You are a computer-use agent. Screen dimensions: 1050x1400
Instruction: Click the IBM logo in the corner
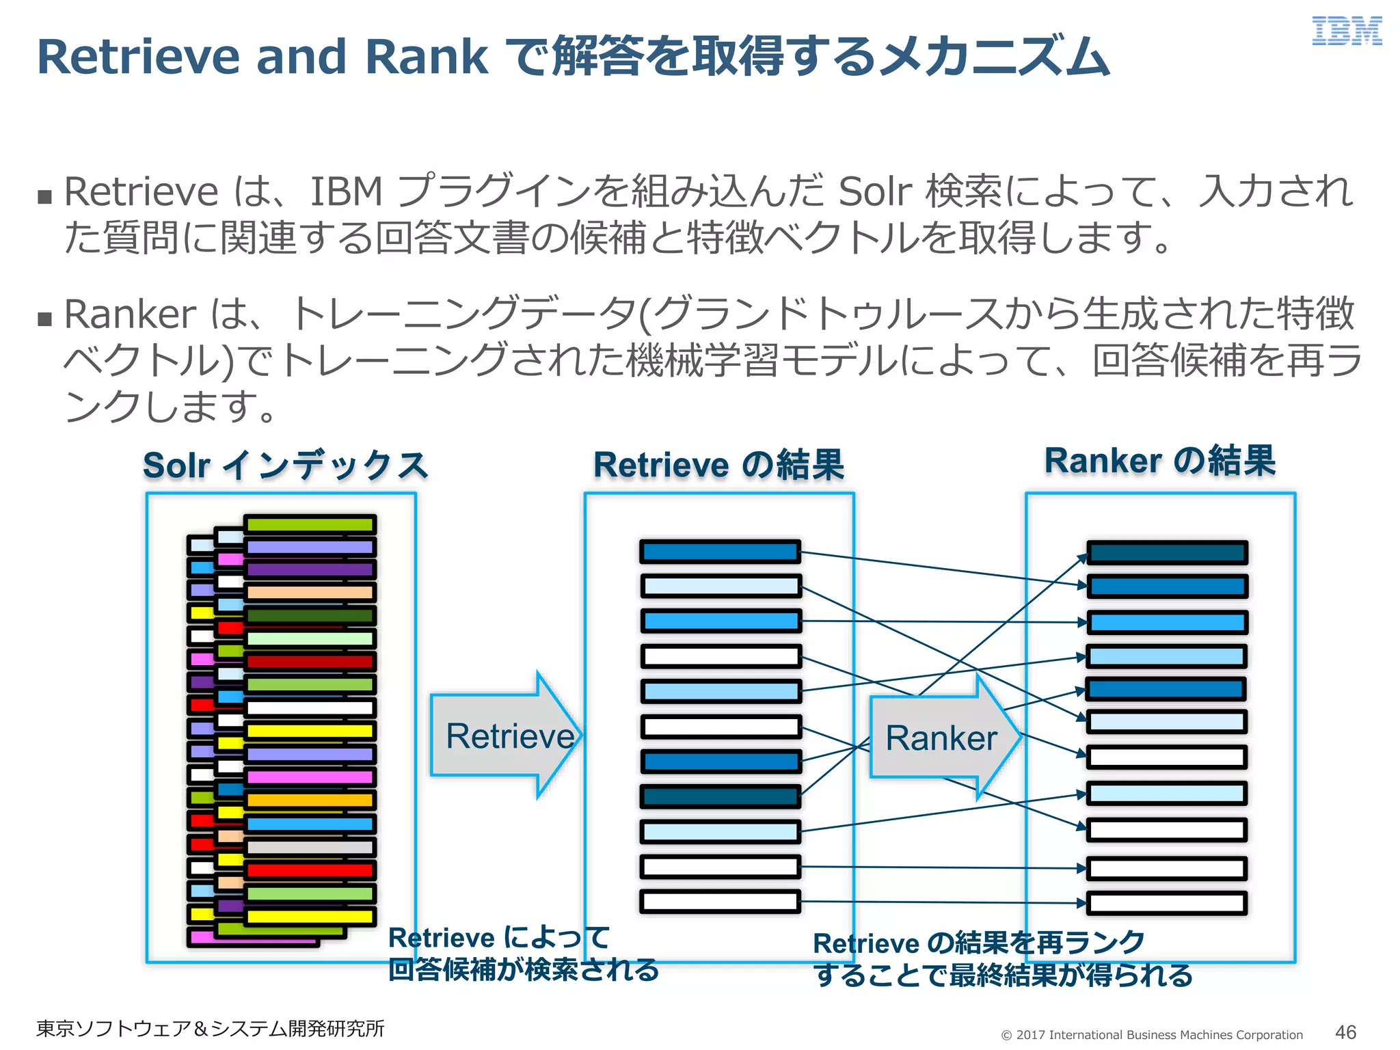(x=1346, y=31)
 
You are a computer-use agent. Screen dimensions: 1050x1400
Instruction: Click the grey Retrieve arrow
(x=506, y=736)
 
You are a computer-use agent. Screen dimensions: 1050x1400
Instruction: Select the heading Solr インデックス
(x=285, y=466)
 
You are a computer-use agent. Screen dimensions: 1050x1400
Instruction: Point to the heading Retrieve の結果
(x=718, y=465)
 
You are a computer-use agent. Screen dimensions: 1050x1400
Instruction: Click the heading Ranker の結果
(x=1159, y=460)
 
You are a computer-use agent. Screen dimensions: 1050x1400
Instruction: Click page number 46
(x=1345, y=1032)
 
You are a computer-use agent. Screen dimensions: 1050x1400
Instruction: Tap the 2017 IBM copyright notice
(x=1152, y=1034)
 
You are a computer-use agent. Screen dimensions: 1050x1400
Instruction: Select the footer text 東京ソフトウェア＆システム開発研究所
(x=210, y=1028)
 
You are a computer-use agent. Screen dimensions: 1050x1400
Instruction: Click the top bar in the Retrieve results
(x=720, y=552)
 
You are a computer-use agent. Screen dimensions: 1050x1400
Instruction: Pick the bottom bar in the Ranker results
(x=1167, y=903)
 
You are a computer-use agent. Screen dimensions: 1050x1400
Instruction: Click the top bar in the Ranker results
(x=1167, y=552)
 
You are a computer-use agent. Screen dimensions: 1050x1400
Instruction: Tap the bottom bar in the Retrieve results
(x=720, y=902)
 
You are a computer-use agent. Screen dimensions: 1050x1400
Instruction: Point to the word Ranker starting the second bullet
(x=130, y=314)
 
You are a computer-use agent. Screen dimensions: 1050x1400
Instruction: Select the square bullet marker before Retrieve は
(x=45, y=197)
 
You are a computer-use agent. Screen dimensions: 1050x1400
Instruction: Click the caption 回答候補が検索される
(x=524, y=969)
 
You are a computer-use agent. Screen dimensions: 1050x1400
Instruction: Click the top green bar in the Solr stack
(x=310, y=524)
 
